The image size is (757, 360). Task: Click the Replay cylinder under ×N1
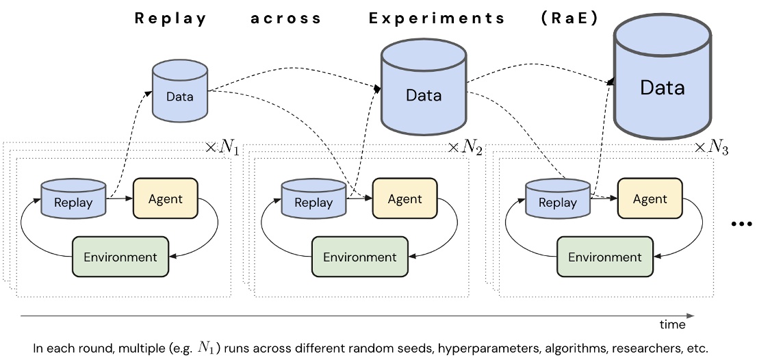73,198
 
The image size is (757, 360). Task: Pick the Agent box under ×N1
165,198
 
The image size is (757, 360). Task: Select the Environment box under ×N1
120,257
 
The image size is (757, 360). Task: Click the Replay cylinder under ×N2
313,198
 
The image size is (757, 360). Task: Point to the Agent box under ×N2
405,198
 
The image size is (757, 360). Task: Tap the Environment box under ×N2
359,257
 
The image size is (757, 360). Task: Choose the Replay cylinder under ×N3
557,198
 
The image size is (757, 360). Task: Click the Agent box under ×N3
650,198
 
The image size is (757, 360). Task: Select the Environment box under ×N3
605,257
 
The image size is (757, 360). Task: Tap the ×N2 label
465,148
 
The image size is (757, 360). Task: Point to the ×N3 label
710,148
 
